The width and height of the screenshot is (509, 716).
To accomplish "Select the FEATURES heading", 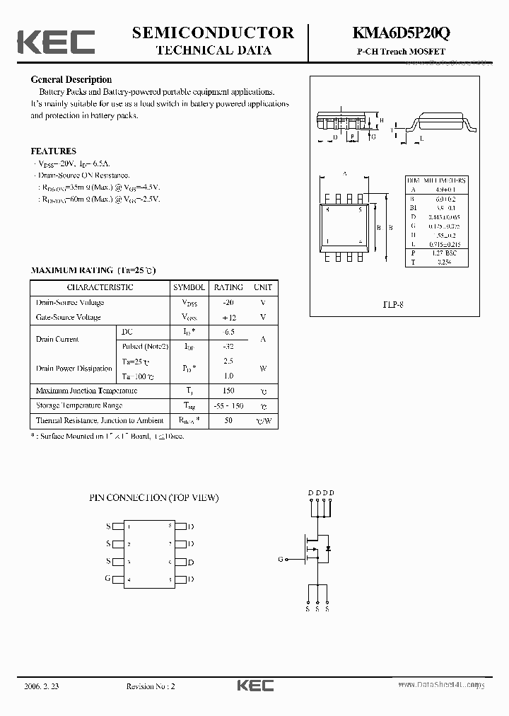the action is [53, 151].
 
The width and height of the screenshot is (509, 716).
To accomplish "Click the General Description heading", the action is [71, 80].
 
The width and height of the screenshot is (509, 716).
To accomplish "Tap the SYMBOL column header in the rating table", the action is [189, 287].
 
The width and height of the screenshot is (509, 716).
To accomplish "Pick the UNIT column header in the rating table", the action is [263, 287].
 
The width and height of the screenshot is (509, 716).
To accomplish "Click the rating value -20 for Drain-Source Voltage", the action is [228, 302].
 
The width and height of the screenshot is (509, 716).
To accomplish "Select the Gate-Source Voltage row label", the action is [69, 317].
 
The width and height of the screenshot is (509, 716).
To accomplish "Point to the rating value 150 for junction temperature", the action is [228, 391].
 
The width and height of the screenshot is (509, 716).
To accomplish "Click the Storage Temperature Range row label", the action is [78, 405].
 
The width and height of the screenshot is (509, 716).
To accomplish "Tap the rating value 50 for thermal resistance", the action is [228, 420].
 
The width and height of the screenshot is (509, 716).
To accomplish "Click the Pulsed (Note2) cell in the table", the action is [145, 346].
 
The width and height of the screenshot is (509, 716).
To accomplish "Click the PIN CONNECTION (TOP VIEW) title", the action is [154, 497].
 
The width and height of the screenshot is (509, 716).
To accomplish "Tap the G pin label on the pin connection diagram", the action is [108, 579].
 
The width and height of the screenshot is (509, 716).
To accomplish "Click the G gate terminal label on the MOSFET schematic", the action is [281, 559].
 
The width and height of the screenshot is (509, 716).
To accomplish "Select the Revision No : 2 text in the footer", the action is [151, 686].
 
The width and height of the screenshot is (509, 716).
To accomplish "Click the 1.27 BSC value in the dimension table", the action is [443, 253].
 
